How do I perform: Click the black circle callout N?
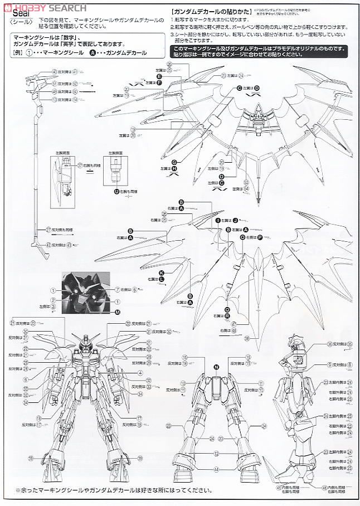point(216,366)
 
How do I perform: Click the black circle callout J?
point(235,220)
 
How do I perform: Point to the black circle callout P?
point(260,237)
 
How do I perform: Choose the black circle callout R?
point(227,315)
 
